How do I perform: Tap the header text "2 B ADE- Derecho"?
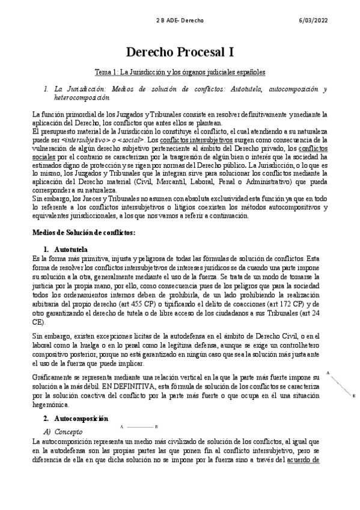pos(180,20)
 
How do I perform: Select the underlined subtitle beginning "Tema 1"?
pos(180,72)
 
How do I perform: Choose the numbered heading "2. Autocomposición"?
pos(75,417)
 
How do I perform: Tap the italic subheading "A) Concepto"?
pos(63,432)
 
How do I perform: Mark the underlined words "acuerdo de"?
pos(303,460)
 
